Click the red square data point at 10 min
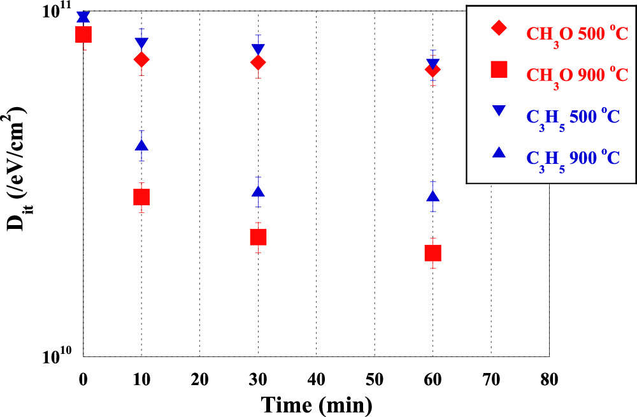(141, 197)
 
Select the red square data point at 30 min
(258, 237)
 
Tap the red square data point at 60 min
(433, 253)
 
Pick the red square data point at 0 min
(83, 34)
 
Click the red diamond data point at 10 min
(141, 59)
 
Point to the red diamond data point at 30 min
(258, 62)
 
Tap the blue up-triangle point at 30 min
(258, 192)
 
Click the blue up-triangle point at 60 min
(433, 197)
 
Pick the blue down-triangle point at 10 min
(141, 43)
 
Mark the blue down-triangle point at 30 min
(258, 49)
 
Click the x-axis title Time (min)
(315, 404)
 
